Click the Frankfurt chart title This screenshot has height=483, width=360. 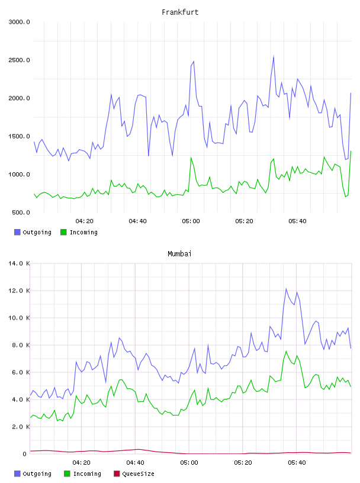pyautogui.click(x=180, y=12)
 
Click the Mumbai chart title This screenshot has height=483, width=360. pyautogui.click(x=179, y=254)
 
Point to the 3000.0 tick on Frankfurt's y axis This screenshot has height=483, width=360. pyautogui.click(x=20, y=22)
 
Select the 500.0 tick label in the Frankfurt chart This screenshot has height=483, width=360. pyautogui.click(x=21, y=212)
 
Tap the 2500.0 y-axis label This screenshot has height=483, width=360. pyautogui.click(x=20, y=60)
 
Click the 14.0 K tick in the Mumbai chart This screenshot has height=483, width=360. pyautogui.click(x=20, y=263)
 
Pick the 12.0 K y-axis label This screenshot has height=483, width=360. pyautogui.click(x=20, y=291)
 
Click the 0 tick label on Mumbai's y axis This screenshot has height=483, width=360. pyautogui.click(x=25, y=454)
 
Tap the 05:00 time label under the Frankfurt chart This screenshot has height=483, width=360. pyautogui.click(x=191, y=221)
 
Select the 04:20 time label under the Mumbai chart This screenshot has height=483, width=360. pyautogui.click(x=81, y=463)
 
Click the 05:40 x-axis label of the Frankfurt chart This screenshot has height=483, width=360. pyautogui.click(x=297, y=221)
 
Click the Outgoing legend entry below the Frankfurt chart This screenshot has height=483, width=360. pyautogui.click(x=33, y=232)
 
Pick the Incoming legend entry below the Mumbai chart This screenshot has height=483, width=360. pyautogui.click(x=83, y=474)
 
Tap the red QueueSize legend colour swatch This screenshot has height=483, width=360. pyautogui.click(x=117, y=474)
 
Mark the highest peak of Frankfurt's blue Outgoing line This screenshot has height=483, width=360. pyautogui.click(x=274, y=56)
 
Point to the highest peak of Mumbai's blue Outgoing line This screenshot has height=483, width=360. pyautogui.click(x=286, y=289)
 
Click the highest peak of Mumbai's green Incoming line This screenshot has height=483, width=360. pyautogui.click(x=286, y=351)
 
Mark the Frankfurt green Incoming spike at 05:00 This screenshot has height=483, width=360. pyautogui.click(x=191, y=157)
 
